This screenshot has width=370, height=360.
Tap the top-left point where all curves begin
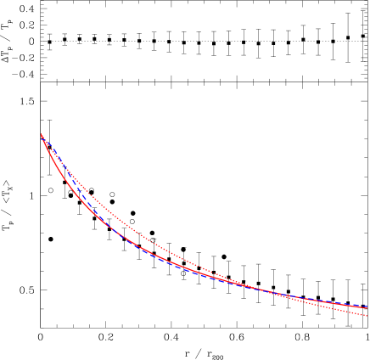coord(41,135)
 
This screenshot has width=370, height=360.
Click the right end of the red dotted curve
coord(368,316)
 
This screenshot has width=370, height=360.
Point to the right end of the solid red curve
coord(368,307)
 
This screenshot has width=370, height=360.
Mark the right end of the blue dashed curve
coord(368,307)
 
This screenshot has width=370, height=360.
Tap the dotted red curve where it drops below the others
coord(339,309)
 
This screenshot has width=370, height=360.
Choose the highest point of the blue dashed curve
coord(42,138)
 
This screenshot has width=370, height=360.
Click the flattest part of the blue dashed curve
coord(348,305)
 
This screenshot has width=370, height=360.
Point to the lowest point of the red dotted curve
coord(368,316)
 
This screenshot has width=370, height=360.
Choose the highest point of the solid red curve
coord(41,136)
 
